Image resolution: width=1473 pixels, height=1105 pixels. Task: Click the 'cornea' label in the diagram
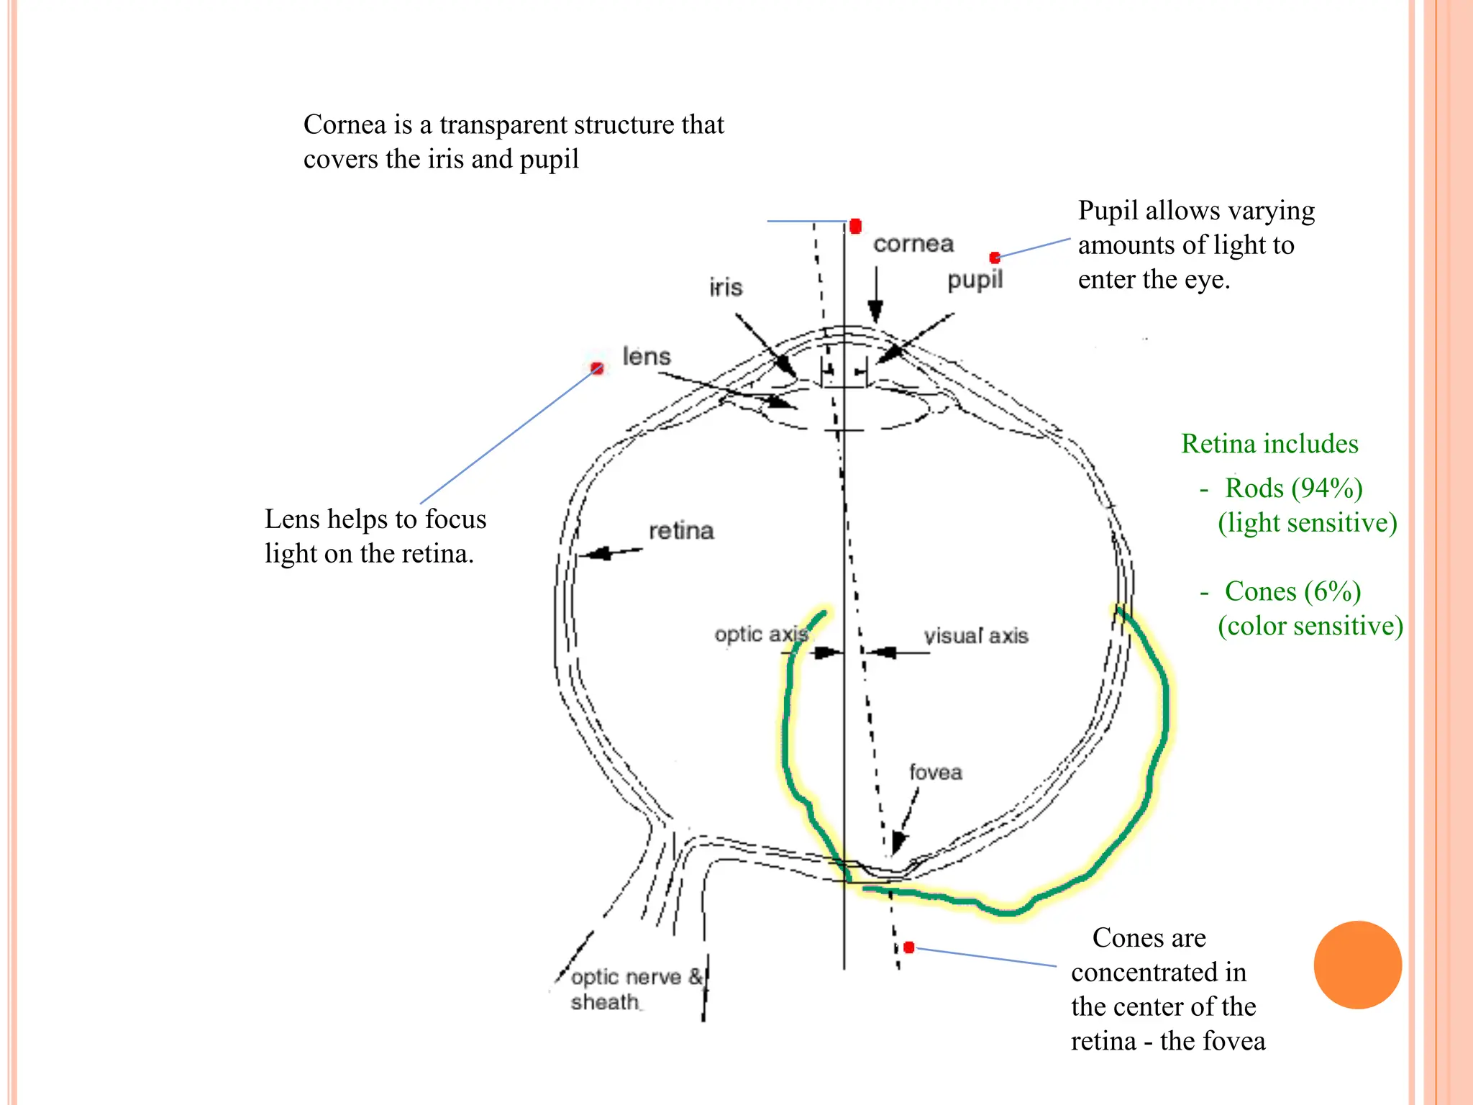[913, 244]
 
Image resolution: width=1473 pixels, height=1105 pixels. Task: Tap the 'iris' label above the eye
[725, 287]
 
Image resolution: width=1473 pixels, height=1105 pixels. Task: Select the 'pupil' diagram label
[975, 280]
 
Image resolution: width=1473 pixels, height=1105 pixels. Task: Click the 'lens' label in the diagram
[646, 356]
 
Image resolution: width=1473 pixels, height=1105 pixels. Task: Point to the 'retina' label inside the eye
[680, 531]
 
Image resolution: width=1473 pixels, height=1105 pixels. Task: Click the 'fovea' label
[935, 772]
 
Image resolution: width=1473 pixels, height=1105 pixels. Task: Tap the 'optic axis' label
[761, 635]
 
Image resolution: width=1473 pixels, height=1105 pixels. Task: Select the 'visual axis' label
[975, 636]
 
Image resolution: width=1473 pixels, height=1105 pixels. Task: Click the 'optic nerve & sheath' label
[633, 989]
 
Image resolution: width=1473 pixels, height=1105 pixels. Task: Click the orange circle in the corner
[1357, 965]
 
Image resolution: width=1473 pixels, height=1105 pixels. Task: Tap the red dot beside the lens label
[596, 368]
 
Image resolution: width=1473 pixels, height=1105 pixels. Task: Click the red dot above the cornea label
[855, 227]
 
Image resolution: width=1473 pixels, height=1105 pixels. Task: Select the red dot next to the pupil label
[995, 258]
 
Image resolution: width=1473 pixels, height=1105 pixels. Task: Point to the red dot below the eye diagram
[909, 947]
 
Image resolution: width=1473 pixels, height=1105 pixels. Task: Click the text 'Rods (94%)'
[1293, 488]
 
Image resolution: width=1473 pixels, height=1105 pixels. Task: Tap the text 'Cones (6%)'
[1292, 591]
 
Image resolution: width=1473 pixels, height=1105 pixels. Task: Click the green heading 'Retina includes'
[1269, 443]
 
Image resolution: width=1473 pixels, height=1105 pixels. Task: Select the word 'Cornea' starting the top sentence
[345, 124]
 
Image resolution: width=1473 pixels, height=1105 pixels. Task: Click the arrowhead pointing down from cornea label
[875, 313]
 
